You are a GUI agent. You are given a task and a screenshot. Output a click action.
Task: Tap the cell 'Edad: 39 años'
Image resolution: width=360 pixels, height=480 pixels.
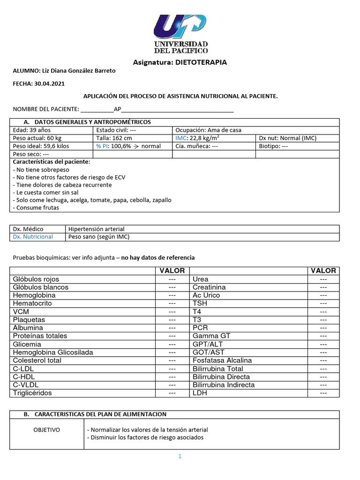tap(31, 130)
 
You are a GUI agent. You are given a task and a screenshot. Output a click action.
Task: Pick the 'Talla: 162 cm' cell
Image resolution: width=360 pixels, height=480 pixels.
tap(114, 138)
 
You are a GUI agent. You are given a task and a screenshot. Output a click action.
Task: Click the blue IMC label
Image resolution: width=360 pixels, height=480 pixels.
tap(181, 138)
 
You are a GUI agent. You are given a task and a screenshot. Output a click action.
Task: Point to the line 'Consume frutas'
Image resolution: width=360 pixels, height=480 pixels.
tap(36, 208)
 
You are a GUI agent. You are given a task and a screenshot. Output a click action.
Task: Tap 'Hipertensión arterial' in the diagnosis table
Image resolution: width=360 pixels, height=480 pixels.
tap(97, 229)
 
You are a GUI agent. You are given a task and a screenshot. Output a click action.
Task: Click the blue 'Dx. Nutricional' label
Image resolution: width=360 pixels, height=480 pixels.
tap(33, 237)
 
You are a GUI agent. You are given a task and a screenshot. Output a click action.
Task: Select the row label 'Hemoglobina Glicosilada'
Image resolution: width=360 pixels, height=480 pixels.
tap(53, 352)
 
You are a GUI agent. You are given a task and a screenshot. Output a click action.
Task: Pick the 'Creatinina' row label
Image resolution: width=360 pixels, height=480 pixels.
tap(209, 287)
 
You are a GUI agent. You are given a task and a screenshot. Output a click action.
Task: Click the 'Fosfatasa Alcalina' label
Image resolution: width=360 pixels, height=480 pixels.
tap(222, 360)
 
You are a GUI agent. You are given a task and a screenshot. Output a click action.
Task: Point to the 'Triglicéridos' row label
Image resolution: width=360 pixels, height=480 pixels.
tap(32, 393)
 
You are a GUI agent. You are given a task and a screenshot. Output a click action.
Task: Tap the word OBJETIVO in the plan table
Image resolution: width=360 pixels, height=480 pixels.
tap(46, 430)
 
